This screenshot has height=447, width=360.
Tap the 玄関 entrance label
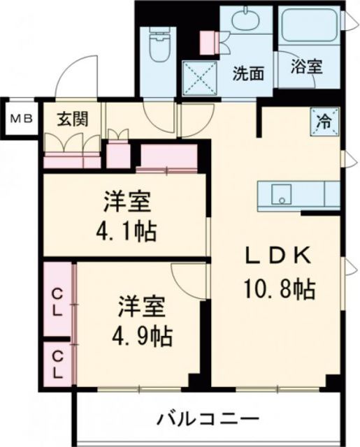[x=72, y=119]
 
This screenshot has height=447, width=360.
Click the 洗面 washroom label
[x=248, y=73]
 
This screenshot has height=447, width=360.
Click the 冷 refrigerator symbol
[x=324, y=119]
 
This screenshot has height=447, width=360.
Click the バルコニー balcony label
[x=208, y=420]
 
